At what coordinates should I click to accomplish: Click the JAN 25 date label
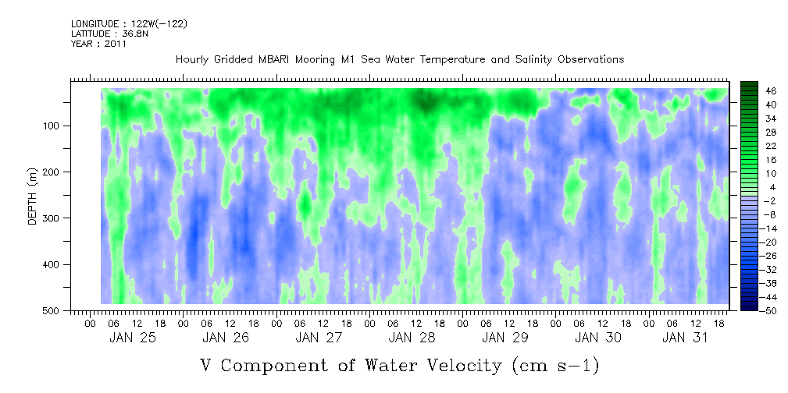point(133,338)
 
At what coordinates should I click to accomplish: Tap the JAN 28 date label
point(412,338)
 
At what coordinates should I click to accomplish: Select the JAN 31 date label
point(685,338)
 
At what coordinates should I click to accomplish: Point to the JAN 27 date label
point(319,338)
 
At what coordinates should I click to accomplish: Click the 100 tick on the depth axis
point(55,126)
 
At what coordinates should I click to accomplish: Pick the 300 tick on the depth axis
point(55,218)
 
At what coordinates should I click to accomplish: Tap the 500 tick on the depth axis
point(55,310)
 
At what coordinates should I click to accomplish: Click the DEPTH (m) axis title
point(33,196)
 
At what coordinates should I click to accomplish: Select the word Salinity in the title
point(533,60)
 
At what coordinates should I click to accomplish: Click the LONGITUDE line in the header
point(130,24)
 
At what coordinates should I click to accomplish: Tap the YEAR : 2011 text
point(98,44)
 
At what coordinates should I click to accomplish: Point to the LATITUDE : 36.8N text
point(109,34)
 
